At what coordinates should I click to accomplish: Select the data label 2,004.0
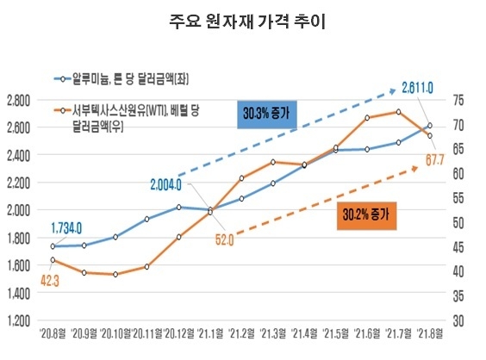click(165, 184)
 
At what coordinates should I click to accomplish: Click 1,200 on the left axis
click(18, 321)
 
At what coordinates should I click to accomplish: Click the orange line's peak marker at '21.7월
click(399, 111)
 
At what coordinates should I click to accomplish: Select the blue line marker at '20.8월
click(53, 246)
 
